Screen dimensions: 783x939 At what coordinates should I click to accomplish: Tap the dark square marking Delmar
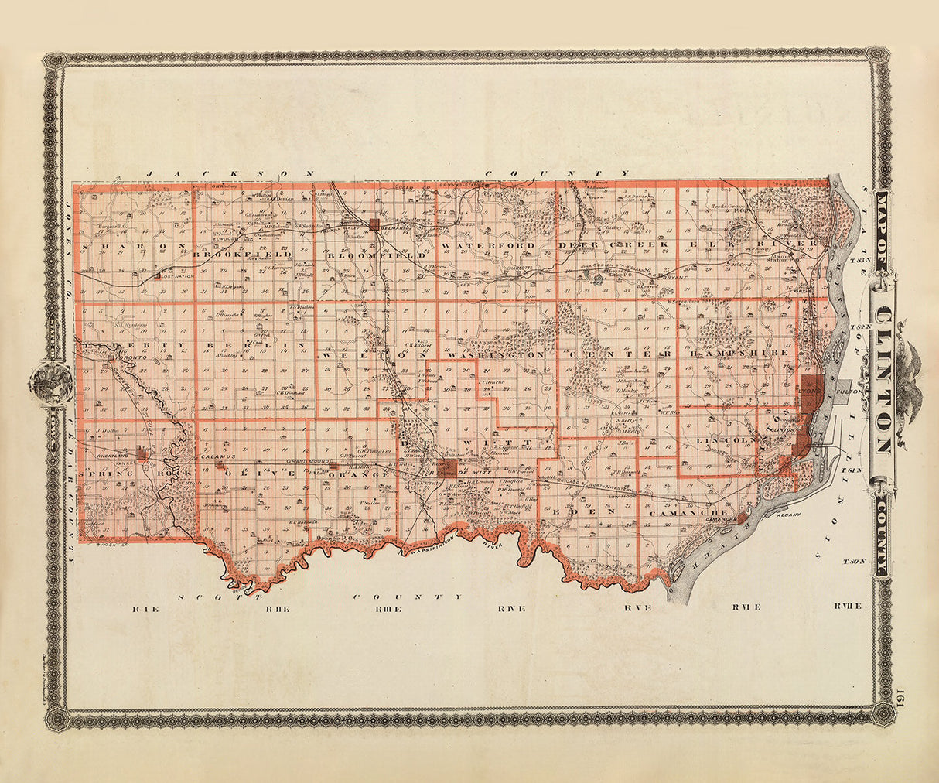375,224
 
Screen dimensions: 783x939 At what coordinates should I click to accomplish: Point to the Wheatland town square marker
140,453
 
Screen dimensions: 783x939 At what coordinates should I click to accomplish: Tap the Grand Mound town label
303,462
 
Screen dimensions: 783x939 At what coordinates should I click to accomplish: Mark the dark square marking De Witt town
446,467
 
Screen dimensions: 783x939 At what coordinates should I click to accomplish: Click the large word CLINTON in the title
883,379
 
